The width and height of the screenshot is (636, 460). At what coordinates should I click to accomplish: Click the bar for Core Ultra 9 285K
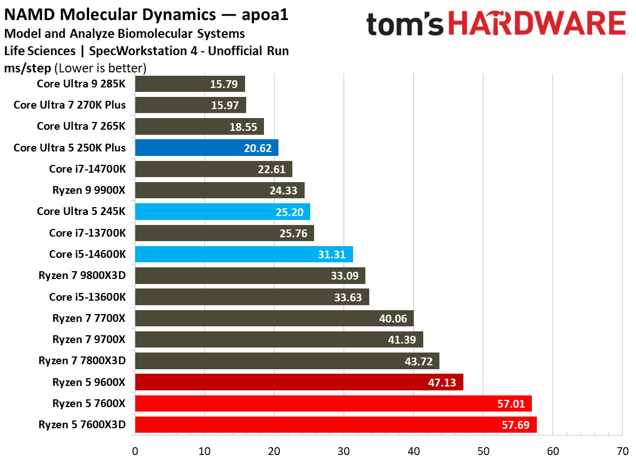(190, 84)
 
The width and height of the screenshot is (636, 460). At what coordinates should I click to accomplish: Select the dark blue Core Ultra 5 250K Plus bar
(207, 148)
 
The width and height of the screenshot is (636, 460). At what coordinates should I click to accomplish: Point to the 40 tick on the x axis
(413, 451)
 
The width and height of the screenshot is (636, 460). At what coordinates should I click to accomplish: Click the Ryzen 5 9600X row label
(89, 382)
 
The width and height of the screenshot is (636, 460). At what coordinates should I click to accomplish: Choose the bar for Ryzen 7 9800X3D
(250, 276)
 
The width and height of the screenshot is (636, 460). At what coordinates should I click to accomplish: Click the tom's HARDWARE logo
(496, 25)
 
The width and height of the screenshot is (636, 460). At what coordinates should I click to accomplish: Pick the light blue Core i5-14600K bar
(244, 255)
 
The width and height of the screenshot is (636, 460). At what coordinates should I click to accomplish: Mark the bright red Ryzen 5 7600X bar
(333, 403)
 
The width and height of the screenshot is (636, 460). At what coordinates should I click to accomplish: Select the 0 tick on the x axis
(135, 451)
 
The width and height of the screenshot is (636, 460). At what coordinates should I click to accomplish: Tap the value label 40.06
(393, 319)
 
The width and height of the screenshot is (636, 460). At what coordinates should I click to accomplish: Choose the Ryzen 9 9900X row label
(89, 190)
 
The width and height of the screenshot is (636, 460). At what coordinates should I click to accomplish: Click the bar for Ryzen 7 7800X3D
(287, 361)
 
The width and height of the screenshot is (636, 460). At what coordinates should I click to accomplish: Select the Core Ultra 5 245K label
(81, 212)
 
